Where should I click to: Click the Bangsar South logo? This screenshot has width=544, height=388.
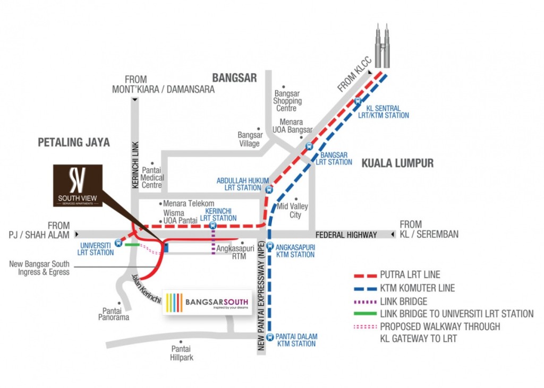point(208,303)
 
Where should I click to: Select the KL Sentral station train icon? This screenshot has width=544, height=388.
point(358,101)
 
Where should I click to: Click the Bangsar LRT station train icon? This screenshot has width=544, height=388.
point(309,147)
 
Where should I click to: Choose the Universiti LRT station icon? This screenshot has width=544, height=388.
point(118,243)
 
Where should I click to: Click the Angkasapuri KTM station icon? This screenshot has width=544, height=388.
point(269,246)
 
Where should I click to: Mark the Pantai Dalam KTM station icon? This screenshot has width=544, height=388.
point(269,337)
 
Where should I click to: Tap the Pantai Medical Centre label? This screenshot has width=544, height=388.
point(152,178)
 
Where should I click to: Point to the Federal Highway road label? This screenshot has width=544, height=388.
point(346,235)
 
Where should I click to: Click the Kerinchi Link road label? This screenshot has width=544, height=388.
point(134,164)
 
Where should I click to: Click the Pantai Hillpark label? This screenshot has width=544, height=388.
point(182,353)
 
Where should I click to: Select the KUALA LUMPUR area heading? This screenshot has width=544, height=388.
point(397,163)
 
